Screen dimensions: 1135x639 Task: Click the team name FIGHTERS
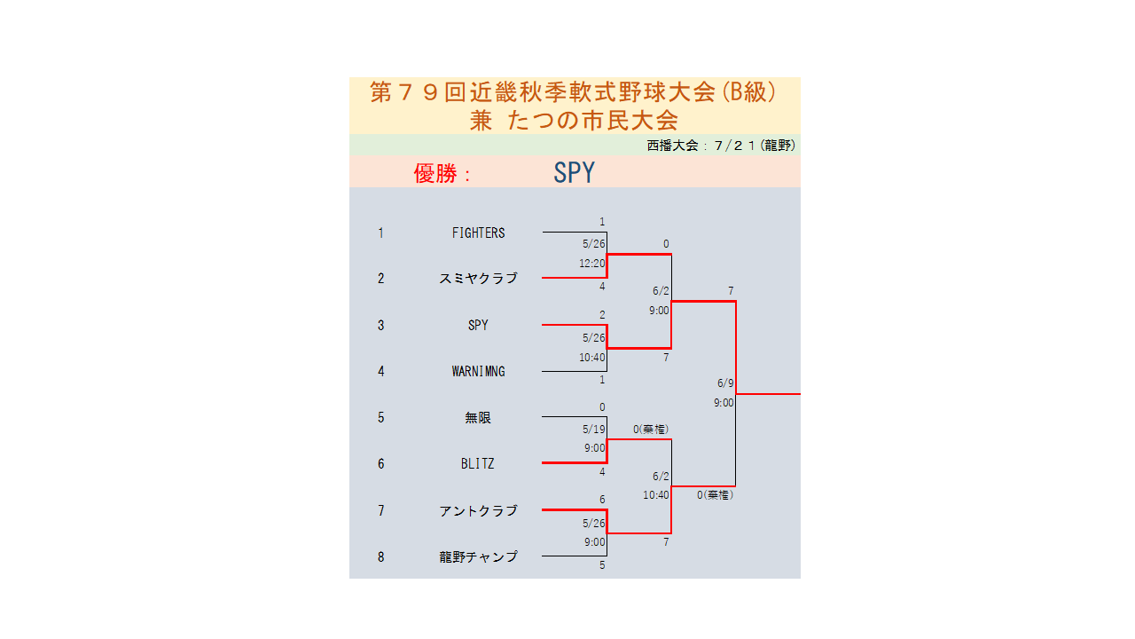[478, 233]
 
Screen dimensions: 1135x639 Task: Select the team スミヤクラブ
[478, 279]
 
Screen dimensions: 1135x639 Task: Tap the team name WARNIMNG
[478, 372]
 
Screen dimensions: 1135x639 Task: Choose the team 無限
[478, 418]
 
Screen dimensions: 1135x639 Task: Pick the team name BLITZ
[477, 464]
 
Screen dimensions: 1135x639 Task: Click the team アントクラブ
[478, 510]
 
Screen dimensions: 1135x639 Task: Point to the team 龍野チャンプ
[478, 556]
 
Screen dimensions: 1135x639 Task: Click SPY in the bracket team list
[478, 325]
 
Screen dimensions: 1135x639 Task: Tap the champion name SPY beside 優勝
[574, 172]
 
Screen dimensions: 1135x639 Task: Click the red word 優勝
[435, 173]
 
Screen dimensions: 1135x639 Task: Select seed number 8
[381, 557]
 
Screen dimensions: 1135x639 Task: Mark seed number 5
[381, 418]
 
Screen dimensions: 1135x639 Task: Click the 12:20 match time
[591, 264]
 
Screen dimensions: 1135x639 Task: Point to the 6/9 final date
[725, 383]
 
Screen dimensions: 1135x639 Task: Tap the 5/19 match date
[593, 430]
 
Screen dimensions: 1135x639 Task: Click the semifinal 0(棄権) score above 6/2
[651, 430]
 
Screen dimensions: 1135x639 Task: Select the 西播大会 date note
[721, 146]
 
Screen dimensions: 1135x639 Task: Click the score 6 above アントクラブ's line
[602, 500]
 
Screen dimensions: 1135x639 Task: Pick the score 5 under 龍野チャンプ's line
[602, 565]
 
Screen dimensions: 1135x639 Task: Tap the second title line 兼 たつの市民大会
[574, 121]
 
